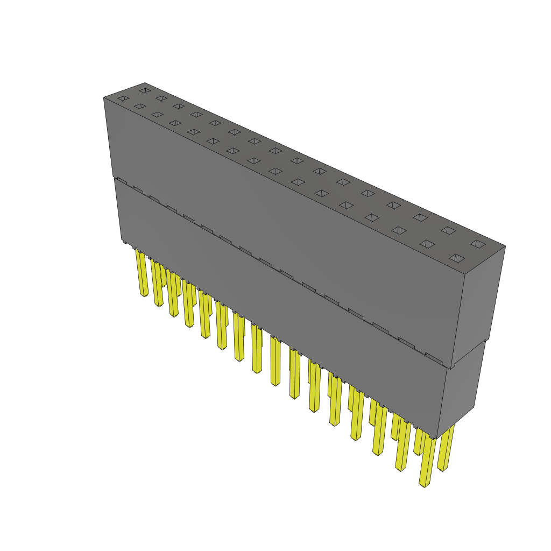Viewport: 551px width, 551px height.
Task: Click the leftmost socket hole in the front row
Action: point(123,98)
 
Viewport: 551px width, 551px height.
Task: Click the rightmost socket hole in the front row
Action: point(456,258)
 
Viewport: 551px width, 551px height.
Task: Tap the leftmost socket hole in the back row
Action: point(144,90)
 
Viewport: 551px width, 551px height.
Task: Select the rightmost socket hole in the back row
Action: point(477,244)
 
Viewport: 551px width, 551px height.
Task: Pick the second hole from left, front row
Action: point(140,107)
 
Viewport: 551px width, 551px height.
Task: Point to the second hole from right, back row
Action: point(448,230)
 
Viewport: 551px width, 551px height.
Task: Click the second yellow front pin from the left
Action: point(158,285)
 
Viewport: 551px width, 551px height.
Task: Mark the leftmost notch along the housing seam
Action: point(122,181)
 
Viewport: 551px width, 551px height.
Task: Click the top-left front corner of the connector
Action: point(104,98)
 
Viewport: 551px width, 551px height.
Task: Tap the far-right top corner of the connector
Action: point(505,246)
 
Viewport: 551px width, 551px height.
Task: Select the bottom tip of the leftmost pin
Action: point(144,295)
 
